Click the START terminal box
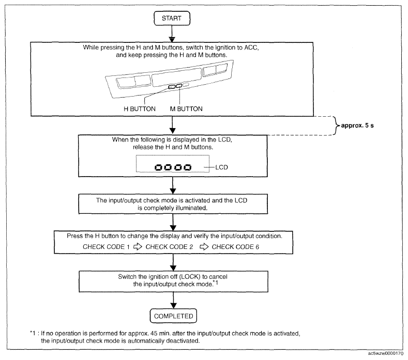[172, 18]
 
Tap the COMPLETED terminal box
[173, 316]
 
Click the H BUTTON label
[140, 109]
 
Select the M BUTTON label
[186, 109]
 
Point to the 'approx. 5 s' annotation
[357, 126]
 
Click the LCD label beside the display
[221, 167]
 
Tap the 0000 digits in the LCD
[173, 167]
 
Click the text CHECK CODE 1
[106, 247]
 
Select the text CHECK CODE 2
[169, 247]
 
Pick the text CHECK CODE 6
[235, 247]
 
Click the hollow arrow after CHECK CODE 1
[138, 246]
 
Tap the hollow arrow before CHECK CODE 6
[204, 246]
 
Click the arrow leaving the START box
[172, 34]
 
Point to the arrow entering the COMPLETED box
[173, 300]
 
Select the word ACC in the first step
[251, 48]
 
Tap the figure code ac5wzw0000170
[386, 353]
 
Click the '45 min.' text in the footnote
[160, 333]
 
